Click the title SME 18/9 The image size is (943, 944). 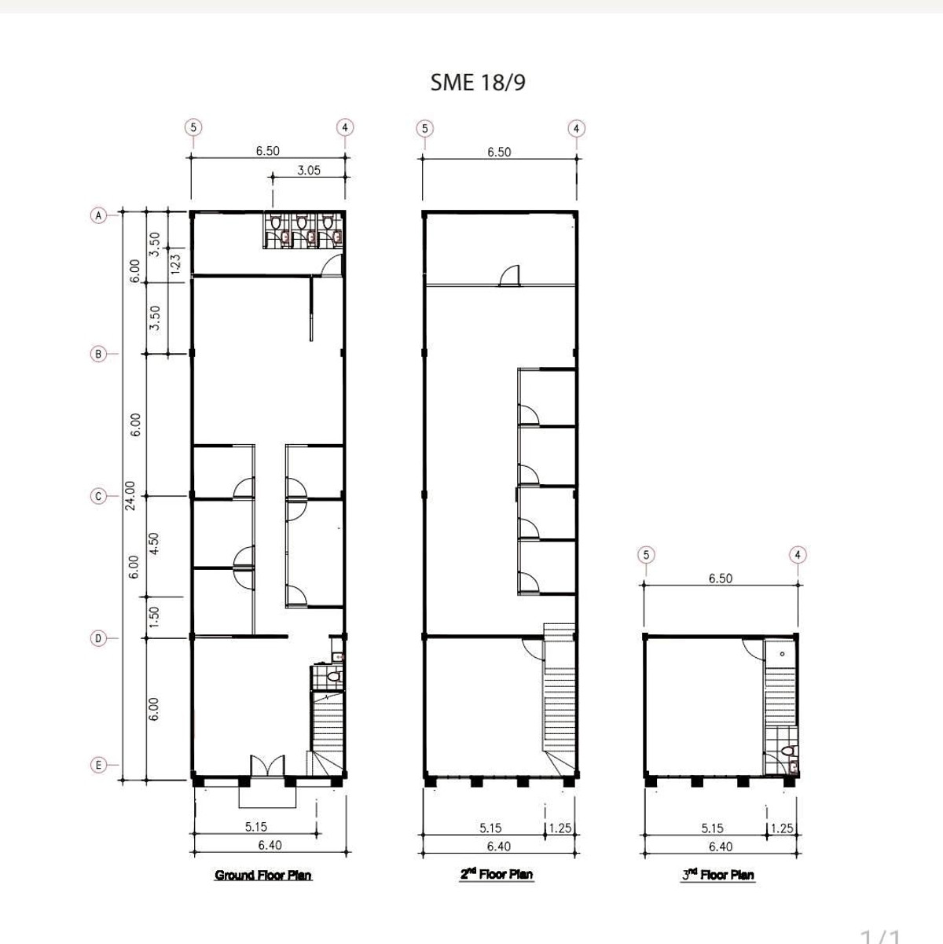pos(478,83)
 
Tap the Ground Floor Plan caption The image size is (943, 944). pos(263,875)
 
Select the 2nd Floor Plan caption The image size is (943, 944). pos(496,874)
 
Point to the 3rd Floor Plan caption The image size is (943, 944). pos(718,874)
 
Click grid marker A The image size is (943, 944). pos(99,215)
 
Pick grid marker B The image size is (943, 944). pos(99,354)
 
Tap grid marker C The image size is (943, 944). pos(99,496)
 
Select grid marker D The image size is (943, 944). pos(99,638)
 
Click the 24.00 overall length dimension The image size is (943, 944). pos(130,495)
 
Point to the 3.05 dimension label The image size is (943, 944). pos(309,170)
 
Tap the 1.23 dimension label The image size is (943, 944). pos(175,263)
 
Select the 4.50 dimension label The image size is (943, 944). pos(154,543)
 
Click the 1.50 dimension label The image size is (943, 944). pos(154,617)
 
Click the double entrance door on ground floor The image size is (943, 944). pos(267,766)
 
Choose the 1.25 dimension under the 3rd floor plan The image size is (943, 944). pos(782,828)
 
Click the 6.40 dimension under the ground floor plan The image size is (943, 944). pos(270,845)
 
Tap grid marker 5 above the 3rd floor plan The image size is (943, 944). pos(646,555)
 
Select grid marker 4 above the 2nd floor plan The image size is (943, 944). pos(576,128)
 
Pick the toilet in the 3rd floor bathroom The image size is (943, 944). pos(789,751)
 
